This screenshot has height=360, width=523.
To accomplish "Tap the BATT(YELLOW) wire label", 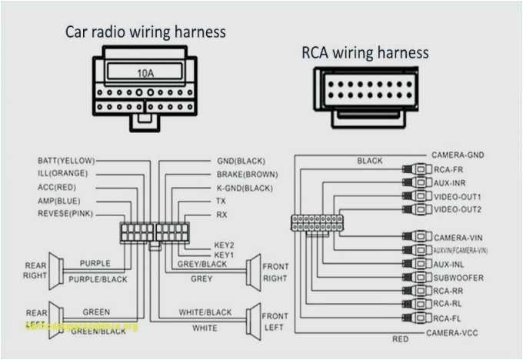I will [66, 161].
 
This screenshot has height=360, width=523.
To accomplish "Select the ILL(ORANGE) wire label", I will [62, 173].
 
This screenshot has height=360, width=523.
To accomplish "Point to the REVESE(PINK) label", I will [65, 212].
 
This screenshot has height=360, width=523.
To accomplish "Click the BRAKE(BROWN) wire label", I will [247, 175].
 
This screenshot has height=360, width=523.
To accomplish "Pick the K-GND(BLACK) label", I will [245, 188].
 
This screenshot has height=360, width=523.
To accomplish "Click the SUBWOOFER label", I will [459, 277].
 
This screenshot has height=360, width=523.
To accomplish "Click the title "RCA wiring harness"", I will [365, 52].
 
